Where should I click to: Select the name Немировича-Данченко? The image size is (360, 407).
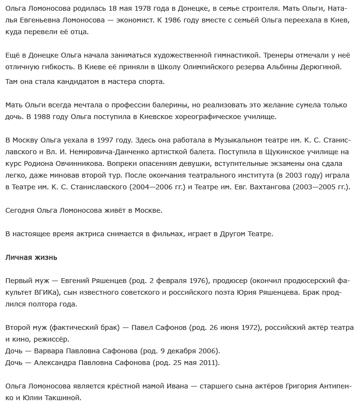109,152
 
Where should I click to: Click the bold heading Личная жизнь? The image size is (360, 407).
31,257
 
